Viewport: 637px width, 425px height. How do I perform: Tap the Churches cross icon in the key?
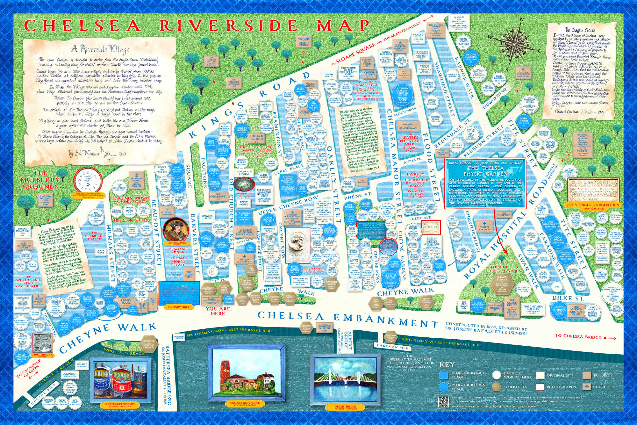[587, 386]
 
